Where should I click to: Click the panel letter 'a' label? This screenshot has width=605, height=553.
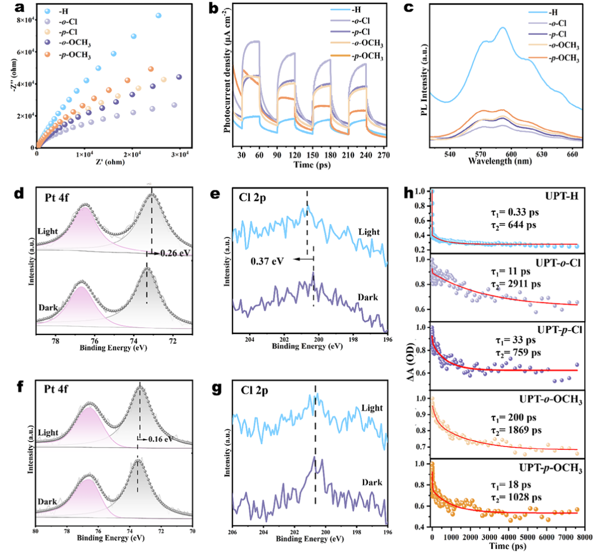point(8,8)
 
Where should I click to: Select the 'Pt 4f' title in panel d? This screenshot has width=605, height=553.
point(60,197)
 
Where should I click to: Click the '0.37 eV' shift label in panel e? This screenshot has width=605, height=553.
point(266,260)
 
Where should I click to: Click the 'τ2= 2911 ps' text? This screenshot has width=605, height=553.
point(512,284)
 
